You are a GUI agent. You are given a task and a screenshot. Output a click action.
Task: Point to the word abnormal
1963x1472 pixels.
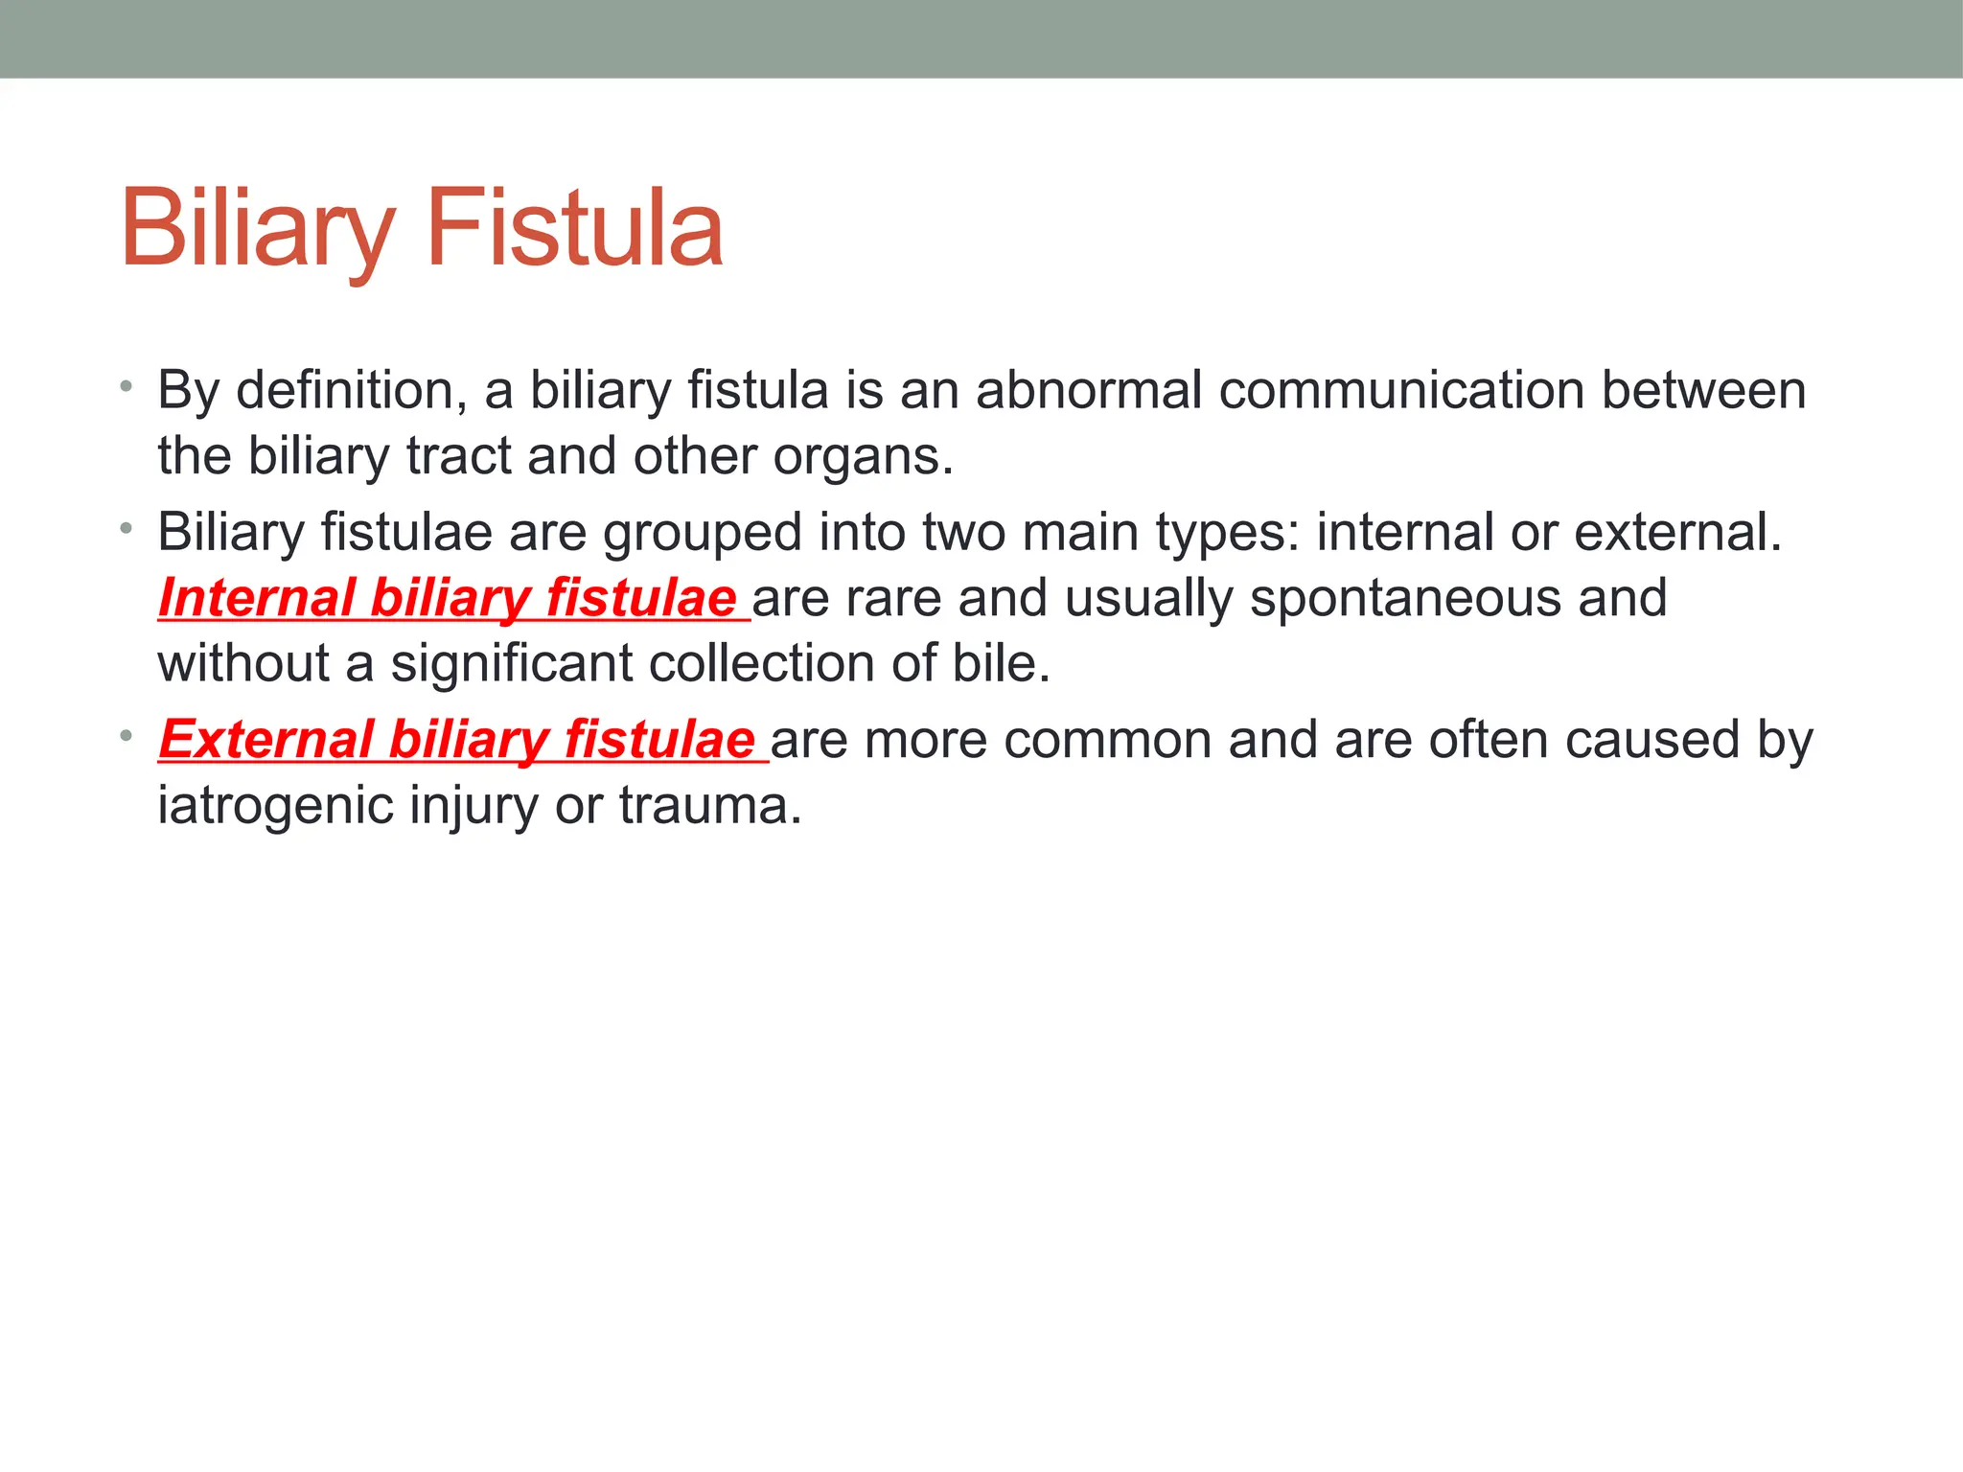click(x=1089, y=391)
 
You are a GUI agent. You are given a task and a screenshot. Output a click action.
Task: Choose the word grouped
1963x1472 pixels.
click(x=702, y=533)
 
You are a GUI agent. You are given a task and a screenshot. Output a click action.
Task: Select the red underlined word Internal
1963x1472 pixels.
click(x=257, y=598)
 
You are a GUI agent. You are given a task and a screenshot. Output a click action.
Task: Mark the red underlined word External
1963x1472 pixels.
click(x=266, y=740)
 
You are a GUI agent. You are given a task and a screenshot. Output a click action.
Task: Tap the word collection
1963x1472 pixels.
click(x=762, y=663)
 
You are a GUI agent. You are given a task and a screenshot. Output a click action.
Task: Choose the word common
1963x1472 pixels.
click(x=1108, y=741)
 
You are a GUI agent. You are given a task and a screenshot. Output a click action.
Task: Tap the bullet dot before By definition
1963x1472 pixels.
click(x=126, y=387)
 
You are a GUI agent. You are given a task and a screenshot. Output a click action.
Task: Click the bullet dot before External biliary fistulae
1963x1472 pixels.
click(x=126, y=736)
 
